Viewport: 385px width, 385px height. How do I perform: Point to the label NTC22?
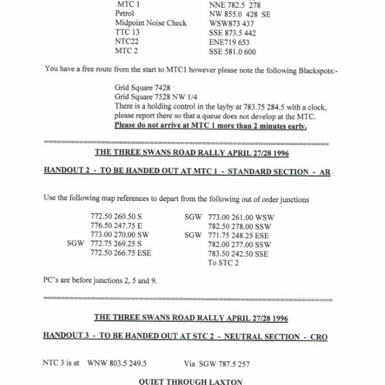[127, 42]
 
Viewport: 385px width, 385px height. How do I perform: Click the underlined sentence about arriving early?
[210, 125]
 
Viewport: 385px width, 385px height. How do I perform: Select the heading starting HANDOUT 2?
[186, 172]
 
